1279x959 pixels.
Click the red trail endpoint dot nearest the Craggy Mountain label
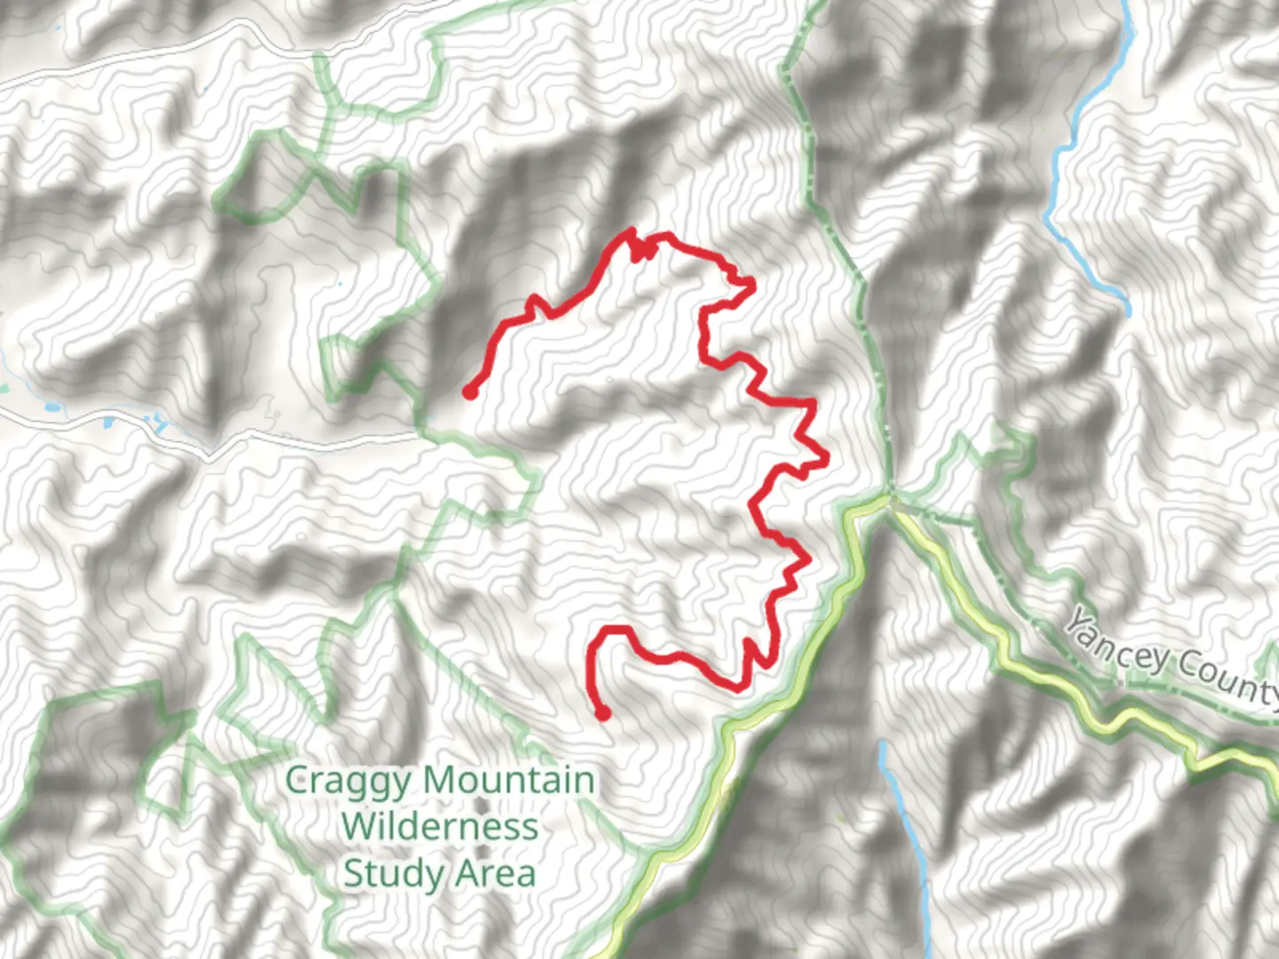pos(603,713)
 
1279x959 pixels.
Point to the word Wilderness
pos(440,827)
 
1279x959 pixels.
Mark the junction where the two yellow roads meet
pos(889,502)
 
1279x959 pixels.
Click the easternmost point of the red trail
pos(827,459)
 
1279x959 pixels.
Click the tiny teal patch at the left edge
pos(4,388)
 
